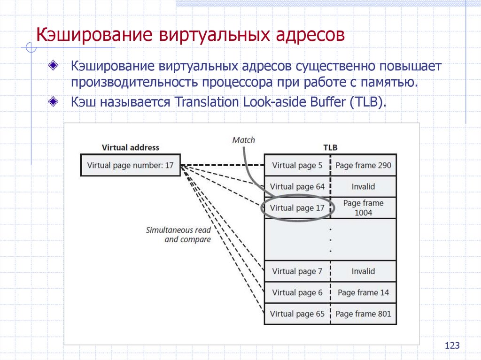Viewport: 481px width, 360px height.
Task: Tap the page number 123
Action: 451,346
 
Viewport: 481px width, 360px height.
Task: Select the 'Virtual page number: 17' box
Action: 130,165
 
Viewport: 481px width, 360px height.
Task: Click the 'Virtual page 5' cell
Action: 297,165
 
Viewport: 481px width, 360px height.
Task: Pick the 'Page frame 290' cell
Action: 363,165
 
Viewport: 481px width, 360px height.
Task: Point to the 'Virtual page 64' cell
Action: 297,186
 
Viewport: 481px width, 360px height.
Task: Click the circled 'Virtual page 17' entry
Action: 297,208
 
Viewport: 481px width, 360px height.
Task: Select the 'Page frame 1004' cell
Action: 363,208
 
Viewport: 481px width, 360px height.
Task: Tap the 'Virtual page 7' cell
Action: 297,271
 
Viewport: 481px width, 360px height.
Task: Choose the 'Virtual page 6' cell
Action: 297,292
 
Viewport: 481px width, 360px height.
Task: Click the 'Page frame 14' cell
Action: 363,292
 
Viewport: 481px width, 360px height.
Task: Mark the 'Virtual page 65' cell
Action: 297,314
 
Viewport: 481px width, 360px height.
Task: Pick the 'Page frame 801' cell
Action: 363,314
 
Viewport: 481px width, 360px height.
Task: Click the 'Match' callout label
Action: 244,139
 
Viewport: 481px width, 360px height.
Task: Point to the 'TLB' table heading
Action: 330,147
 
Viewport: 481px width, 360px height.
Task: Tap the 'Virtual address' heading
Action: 130,147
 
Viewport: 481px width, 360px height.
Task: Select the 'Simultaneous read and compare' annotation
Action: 178,235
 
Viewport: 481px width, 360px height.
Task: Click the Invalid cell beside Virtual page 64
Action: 363,186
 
